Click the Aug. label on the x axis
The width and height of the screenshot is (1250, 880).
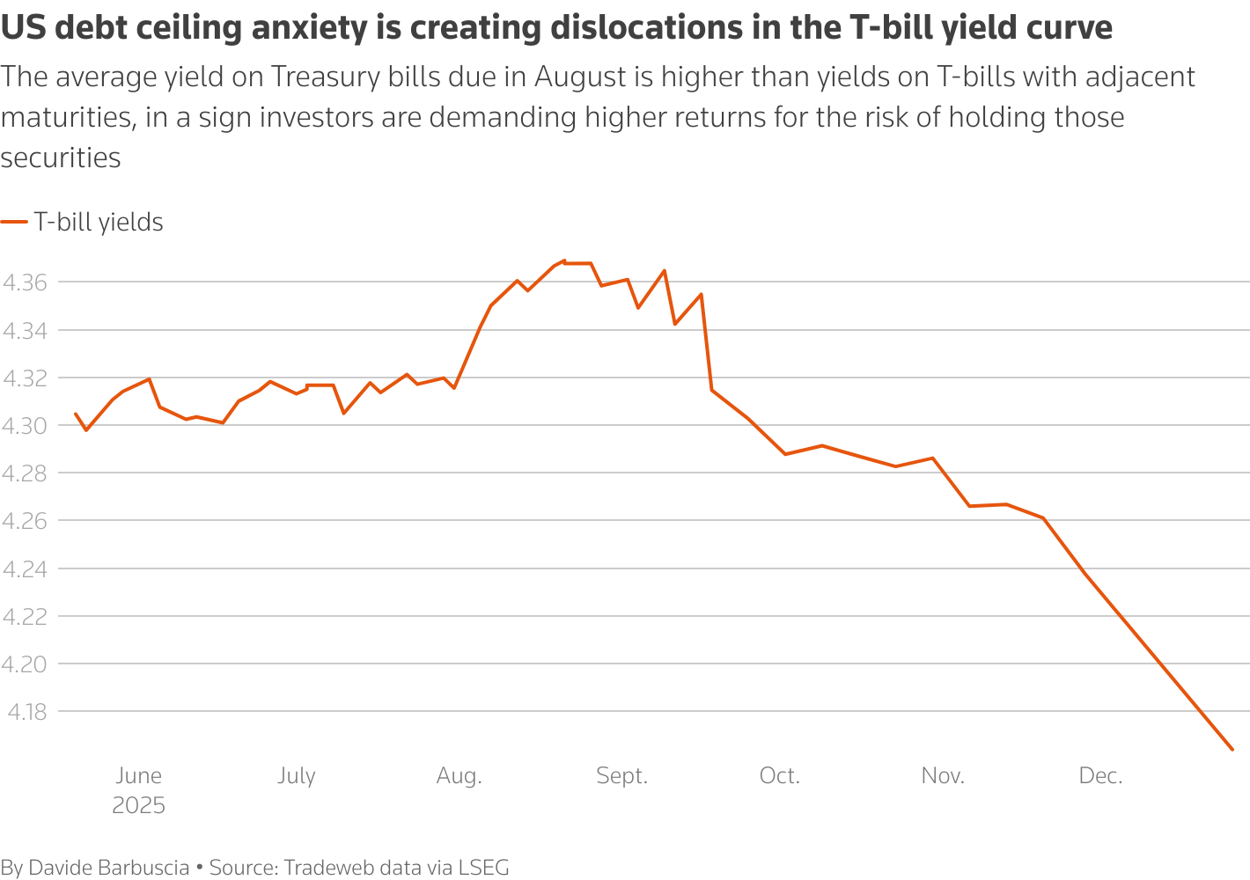click(459, 775)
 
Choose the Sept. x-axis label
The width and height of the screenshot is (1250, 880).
click(621, 775)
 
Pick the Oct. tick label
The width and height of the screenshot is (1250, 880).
click(779, 775)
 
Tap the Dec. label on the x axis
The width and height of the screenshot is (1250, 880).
click(1100, 775)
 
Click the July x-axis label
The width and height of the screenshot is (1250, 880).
click(296, 775)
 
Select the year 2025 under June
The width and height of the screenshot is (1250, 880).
click(138, 805)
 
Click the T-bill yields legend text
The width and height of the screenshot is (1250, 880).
click(99, 222)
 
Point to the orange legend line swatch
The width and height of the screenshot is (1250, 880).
click(14, 223)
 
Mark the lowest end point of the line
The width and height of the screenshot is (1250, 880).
click(1232, 750)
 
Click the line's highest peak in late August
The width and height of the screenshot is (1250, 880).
click(564, 261)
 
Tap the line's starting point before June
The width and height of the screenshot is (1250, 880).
click(76, 414)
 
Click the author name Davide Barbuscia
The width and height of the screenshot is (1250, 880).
click(109, 868)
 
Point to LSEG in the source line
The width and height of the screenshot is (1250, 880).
click(483, 868)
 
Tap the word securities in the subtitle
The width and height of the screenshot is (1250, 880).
click(61, 158)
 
